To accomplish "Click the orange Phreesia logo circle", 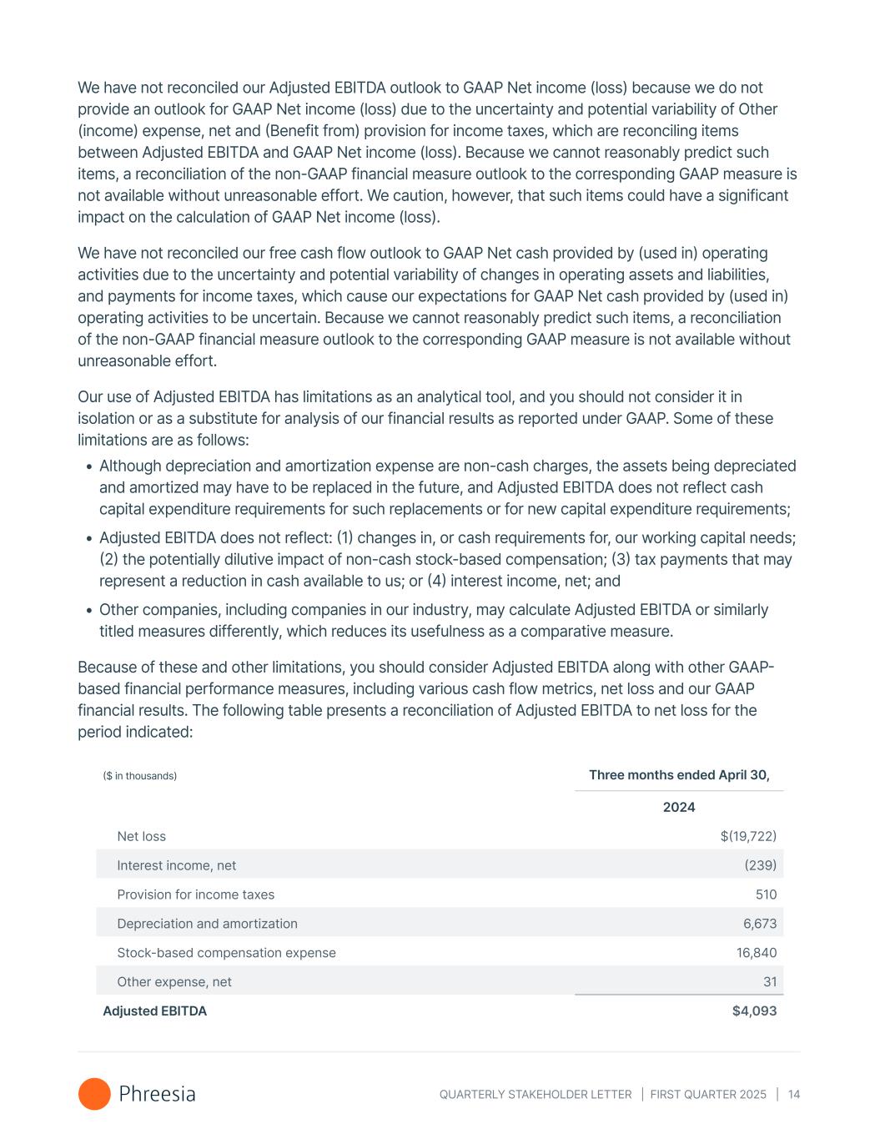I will [94, 1094].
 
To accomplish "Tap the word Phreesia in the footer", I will [157, 1094].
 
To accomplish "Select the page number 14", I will [793, 1094].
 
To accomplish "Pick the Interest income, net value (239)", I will [760, 865].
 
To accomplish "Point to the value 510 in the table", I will [766, 895].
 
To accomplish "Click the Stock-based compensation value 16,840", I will [756, 953].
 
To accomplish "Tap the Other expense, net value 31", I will [770, 982].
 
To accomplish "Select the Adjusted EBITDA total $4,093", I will [754, 1011].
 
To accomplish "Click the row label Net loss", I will [141, 836].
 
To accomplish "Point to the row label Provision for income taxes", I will [195, 895].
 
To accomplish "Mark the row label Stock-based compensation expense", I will [226, 953].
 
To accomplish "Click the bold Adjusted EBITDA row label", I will [154, 1011].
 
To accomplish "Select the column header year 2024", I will [679, 807].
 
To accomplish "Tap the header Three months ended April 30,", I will [679, 775].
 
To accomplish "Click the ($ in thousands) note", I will [139, 776].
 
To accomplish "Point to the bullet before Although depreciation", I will [88, 467].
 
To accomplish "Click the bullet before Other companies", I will [88, 611].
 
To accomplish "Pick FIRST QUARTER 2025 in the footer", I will [708, 1094].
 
